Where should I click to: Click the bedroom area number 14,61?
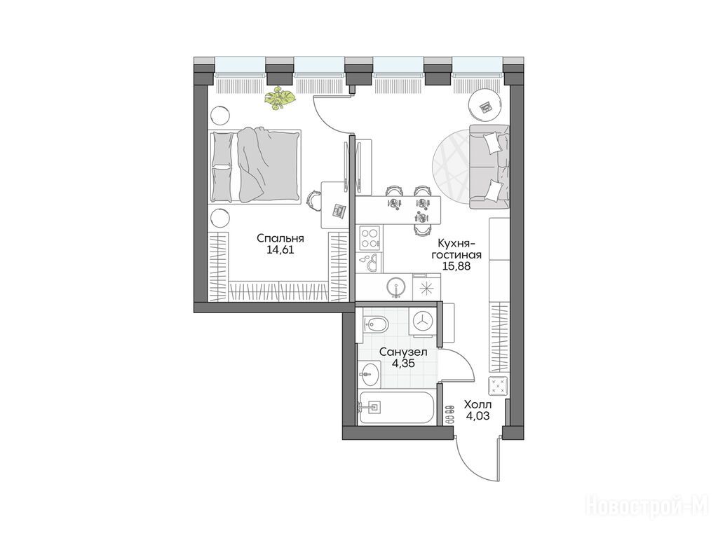[x=280, y=250]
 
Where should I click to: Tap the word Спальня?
[x=280, y=238]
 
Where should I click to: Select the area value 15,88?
[x=456, y=265]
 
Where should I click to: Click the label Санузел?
[x=404, y=352]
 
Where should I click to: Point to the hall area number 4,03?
[x=477, y=416]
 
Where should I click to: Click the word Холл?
[x=478, y=404]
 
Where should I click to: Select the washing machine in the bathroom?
[x=424, y=321]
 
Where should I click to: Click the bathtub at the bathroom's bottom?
[x=397, y=407]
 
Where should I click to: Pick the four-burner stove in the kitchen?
[x=370, y=238]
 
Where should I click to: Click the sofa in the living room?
[x=489, y=167]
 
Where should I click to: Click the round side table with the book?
[x=485, y=106]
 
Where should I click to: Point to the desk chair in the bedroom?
[x=313, y=200]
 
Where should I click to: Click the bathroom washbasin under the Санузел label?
[x=370, y=374]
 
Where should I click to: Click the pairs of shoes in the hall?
[x=449, y=413]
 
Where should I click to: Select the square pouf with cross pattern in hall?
[x=499, y=386]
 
